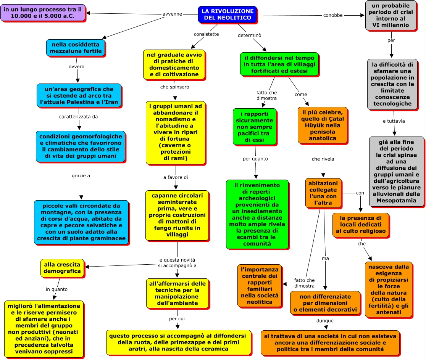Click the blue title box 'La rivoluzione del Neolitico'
click(228, 14)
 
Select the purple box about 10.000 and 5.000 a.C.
click(43, 13)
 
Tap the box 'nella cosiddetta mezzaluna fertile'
click(76, 48)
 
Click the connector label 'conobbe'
click(333, 16)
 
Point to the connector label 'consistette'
click(206, 34)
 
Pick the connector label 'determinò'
click(249, 35)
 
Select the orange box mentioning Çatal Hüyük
click(323, 125)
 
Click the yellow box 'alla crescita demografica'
click(62, 268)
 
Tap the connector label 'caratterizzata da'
click(79, 117)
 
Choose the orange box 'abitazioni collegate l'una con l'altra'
click(323, 193)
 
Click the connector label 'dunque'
click(325, 321)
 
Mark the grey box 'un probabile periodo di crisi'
click(390, 15)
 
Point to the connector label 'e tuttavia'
click(394, 121)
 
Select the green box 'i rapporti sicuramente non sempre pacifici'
click(255, 127)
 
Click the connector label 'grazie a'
click(81, 176)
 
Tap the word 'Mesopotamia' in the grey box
click(396, 201)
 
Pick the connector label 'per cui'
click(177, 319)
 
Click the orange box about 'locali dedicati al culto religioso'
click(361, 225)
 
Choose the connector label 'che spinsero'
click(175, 87)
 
